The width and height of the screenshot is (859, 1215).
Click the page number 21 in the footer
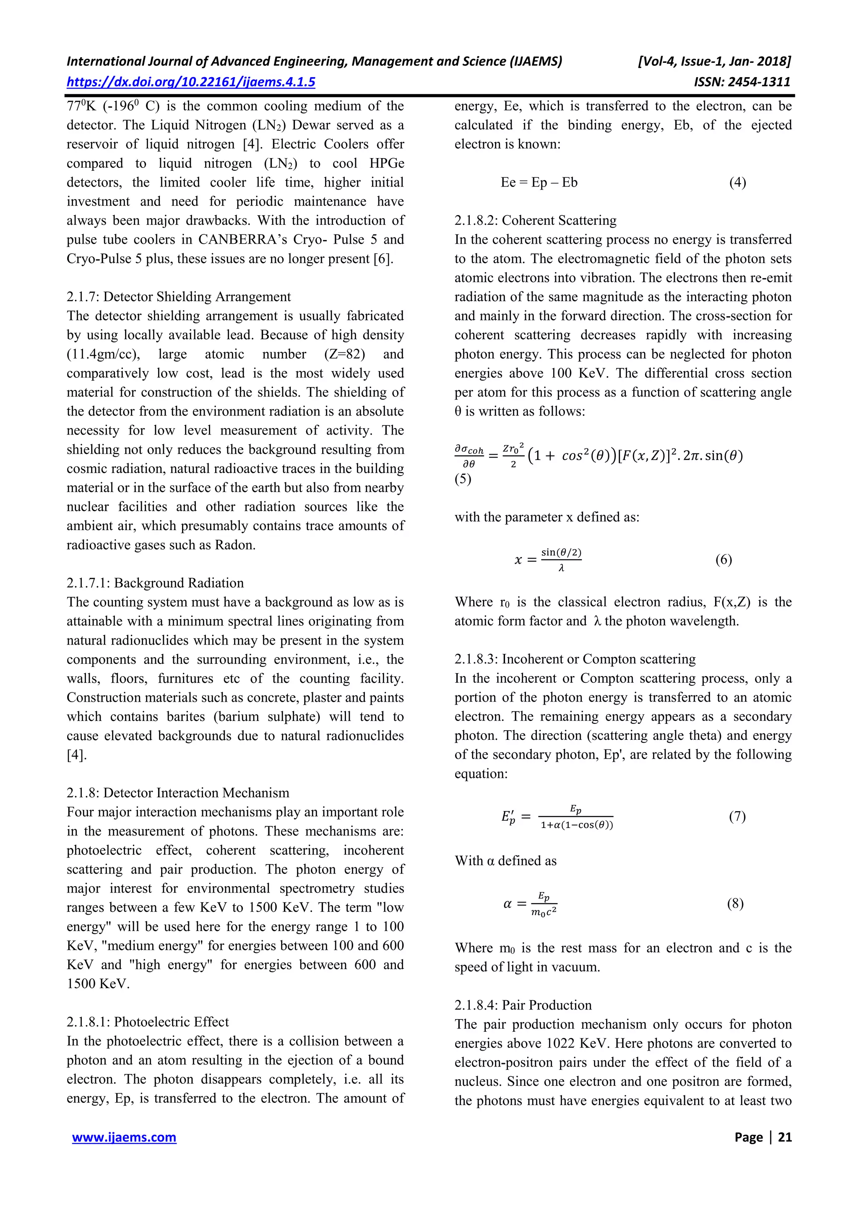coord(784,1137)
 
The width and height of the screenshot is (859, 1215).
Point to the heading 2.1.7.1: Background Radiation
coord(155,583)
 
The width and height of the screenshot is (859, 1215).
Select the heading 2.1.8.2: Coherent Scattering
coord(535,221)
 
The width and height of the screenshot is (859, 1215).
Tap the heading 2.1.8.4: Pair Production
coord(523,1005)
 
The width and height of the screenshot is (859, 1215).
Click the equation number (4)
coord(737,182)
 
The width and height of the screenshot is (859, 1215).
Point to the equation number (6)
coord(724,560)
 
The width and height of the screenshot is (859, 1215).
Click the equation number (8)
coord(735,903)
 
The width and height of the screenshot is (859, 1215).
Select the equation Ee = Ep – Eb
coord(539,182)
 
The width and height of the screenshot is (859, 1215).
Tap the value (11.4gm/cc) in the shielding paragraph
coord(103,354)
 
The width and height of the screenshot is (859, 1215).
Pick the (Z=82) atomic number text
coord(344,354)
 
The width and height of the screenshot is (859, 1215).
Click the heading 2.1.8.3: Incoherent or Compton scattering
coord(575,659)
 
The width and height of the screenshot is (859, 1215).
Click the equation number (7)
coord(737,817)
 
